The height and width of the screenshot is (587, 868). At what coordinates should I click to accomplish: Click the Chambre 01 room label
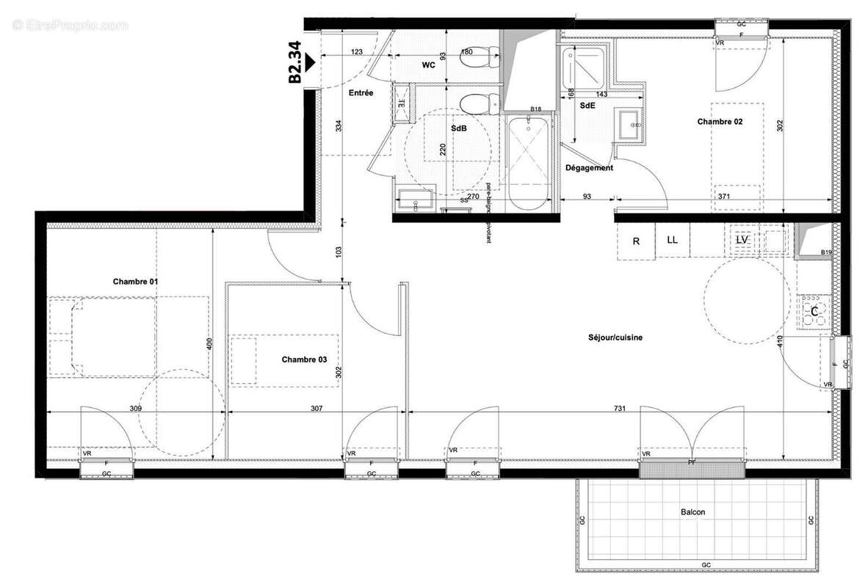pyautogui.click(x=135, y=282)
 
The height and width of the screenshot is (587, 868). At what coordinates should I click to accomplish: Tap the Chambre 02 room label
pyautogui.click(x=720, y=122)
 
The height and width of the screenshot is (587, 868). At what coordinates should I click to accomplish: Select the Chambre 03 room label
pyautogui.click(x=304, y=360)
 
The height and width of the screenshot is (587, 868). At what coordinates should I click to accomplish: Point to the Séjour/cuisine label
pyautogui.click(x=615, y=338)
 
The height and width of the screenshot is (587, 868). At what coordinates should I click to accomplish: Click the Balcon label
pyautogui.click(x=692, y=512)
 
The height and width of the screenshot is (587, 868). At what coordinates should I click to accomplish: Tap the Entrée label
pyautogui.click(x=361, y=93)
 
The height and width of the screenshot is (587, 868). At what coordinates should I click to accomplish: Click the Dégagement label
pyautogui.click(x=588, y=168)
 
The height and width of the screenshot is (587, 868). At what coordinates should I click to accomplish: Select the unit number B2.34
pyautogui.click(x=295, y=63)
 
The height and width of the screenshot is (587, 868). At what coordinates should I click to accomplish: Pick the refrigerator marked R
pyautogui.click(x=636, y=240)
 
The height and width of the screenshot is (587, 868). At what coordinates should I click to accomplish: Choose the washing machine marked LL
pyautogui.click(x=673, y=239)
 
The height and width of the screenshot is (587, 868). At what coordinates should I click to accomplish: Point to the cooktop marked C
pyautogui.click(x=814, y=312)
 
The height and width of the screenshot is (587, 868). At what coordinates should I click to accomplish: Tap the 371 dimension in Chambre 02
pyautogui.click(x=724, y=197)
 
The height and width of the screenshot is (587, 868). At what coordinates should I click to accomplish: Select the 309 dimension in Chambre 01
pyautogui.click(x=136, y=409)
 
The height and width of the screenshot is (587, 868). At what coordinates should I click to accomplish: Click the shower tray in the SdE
pyautogui.click(x=582, y=67)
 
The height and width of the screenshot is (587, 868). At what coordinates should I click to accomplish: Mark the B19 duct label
pyautogui.click(x=825, y=253)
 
